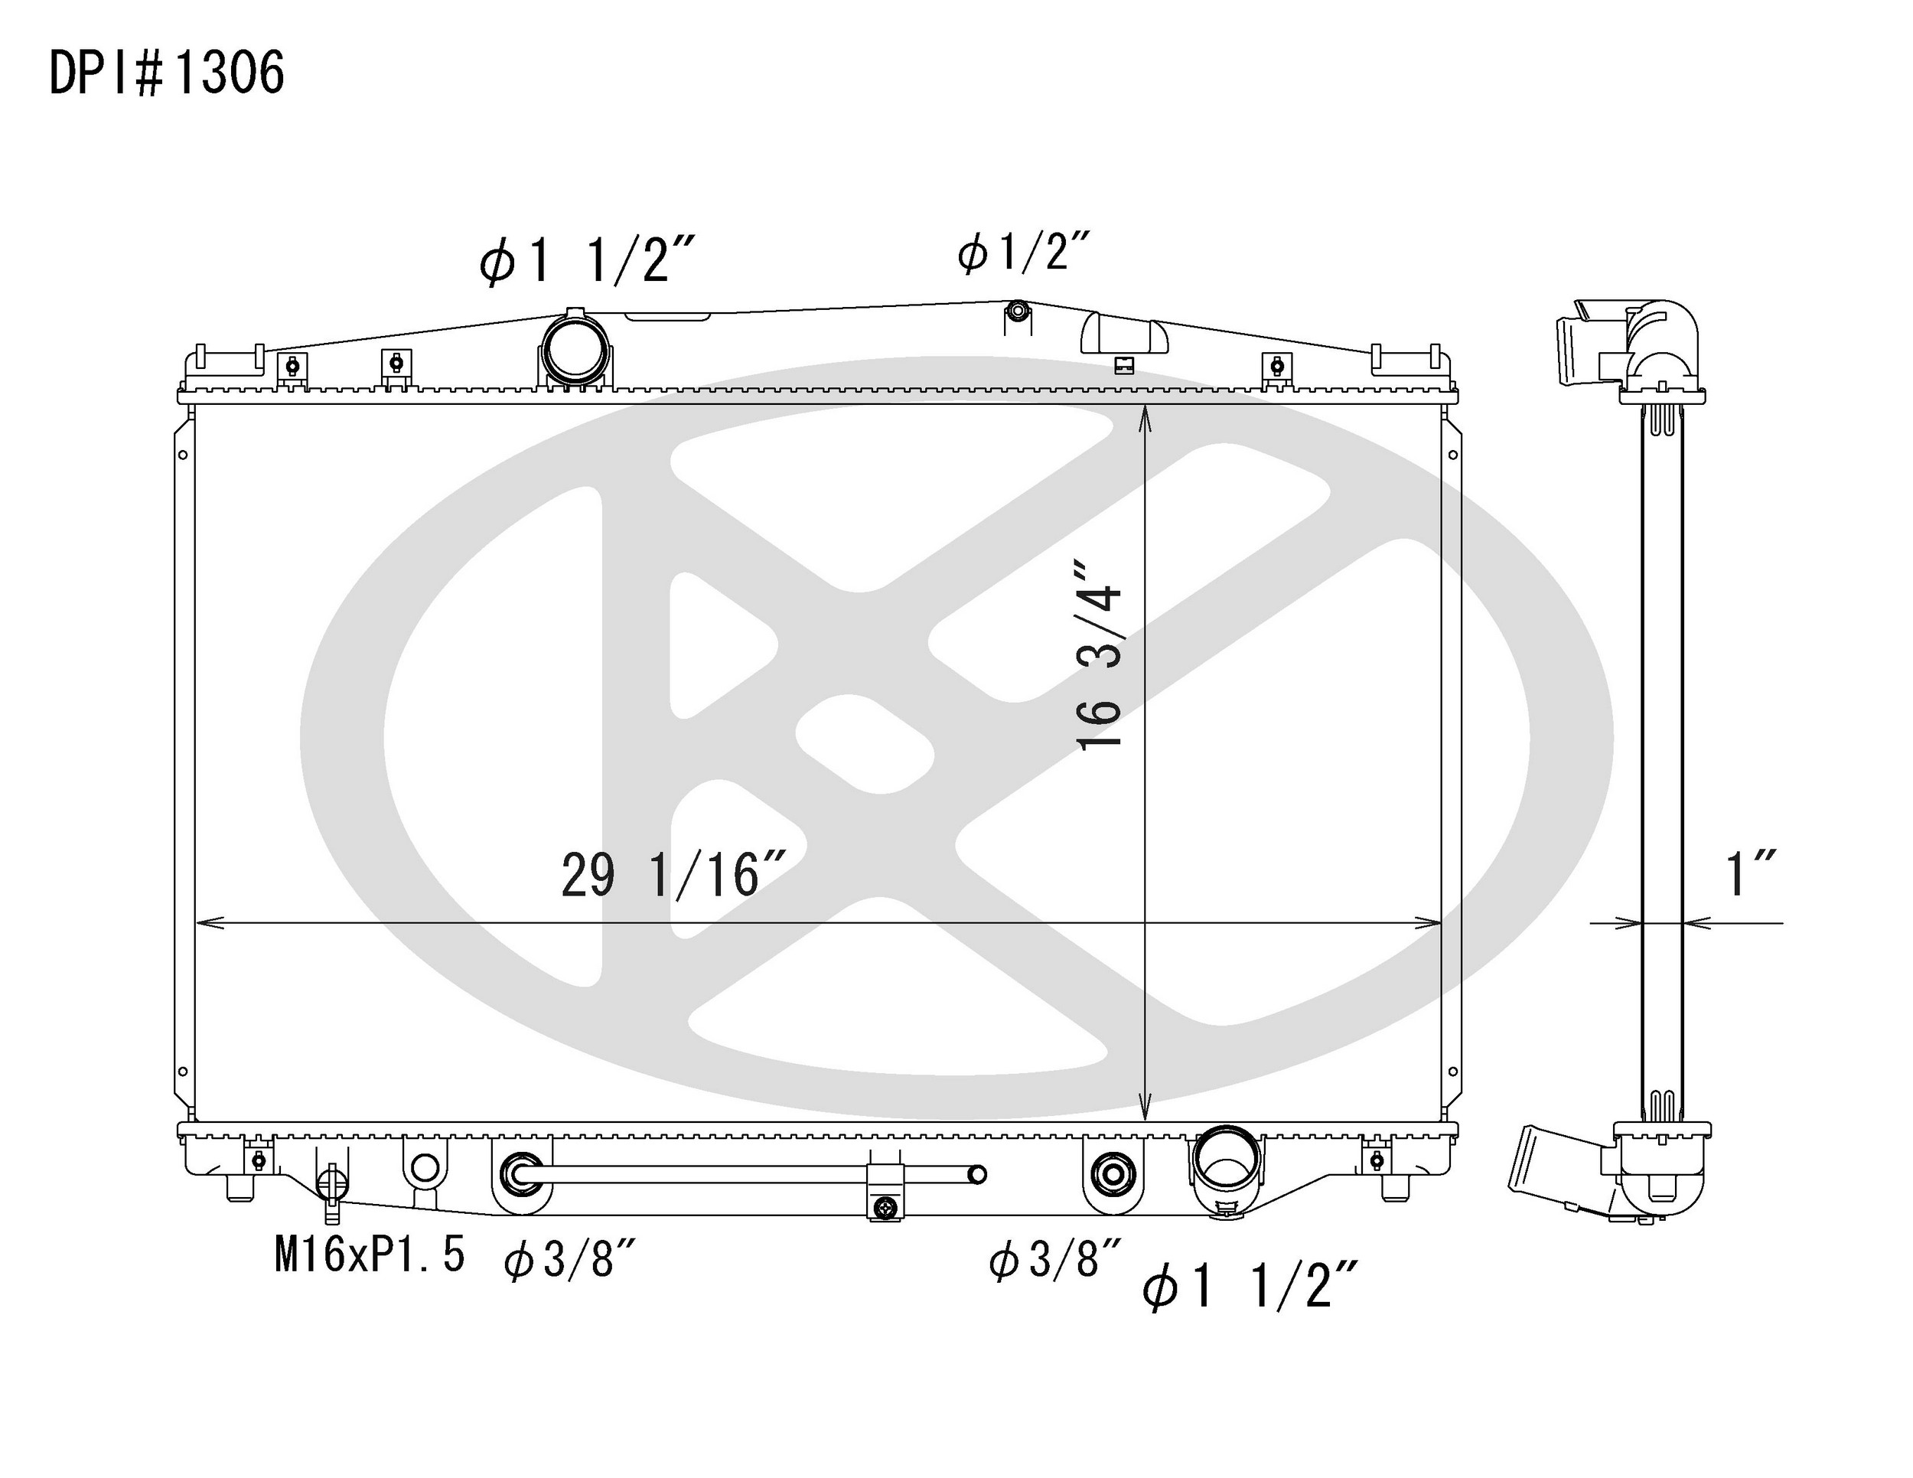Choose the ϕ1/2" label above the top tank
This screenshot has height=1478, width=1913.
coord(1023,253)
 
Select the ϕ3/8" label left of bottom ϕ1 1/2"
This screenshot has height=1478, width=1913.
coord(1054,1259)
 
